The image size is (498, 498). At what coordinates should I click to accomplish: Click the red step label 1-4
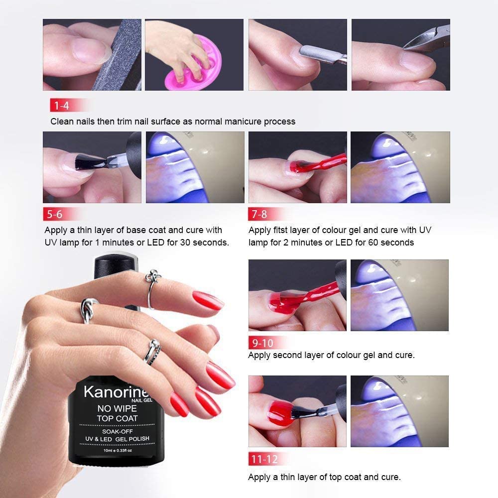(62, 105)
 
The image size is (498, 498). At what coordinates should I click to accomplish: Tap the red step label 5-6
(55, 214)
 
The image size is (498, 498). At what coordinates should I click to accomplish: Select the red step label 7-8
(259, 214)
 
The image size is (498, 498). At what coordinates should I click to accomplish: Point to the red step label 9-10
(262, 343)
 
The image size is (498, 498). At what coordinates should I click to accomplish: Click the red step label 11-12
(264, 459)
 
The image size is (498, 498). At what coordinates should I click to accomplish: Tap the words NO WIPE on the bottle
(117, 408)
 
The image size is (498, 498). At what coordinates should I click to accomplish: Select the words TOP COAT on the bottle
(117, 418)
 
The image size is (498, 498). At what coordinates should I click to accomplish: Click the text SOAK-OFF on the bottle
(117, 431)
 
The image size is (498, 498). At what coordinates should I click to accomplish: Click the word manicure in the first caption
(243, 122)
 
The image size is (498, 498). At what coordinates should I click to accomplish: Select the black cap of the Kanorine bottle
(116, 267)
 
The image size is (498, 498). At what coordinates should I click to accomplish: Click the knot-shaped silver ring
(88, 309)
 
